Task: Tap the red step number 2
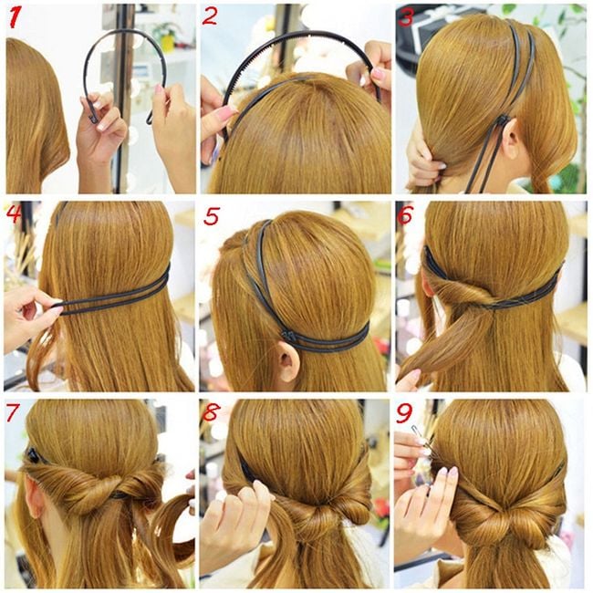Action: coord(209,16)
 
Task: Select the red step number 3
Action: coord(405,16)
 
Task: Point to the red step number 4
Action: coord(15,213)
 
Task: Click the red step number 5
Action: coord(211,216)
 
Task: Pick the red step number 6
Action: coord(405,214)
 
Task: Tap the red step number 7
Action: coord(13,412)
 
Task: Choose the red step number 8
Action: coord(211,412)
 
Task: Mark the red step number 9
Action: coord(404,413)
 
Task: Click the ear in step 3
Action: coord(512,139)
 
